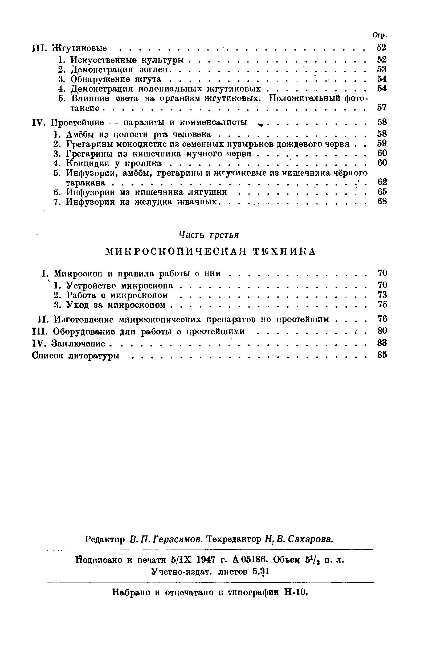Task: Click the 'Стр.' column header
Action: [380, 35]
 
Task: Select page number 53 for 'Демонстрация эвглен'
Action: [382, 69]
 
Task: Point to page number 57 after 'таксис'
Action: [382, 108]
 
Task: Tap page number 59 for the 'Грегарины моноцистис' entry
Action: [382, 144]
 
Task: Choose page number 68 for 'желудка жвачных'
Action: [382, 202]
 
